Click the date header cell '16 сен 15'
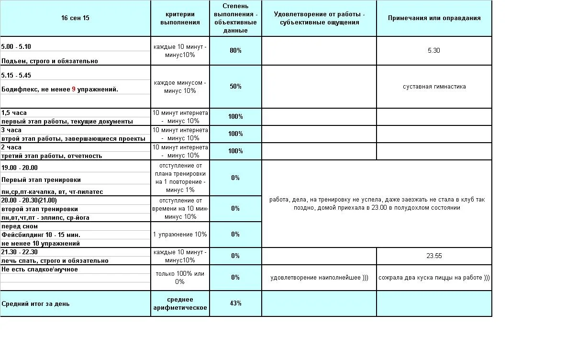75,18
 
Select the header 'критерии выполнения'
180,18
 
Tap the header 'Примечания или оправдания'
434,18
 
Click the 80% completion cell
235,51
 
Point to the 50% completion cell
235,87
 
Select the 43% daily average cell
235,304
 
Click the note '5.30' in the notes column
434,51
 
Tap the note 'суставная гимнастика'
434,87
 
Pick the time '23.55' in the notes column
434,256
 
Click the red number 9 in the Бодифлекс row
74,90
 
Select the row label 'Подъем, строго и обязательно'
49,61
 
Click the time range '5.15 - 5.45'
16,76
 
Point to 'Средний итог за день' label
35,304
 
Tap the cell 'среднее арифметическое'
180,304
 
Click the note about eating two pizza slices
434,278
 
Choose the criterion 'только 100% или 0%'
180,278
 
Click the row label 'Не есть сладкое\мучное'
40,270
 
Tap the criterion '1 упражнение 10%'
180,235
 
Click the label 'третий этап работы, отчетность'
52,156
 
